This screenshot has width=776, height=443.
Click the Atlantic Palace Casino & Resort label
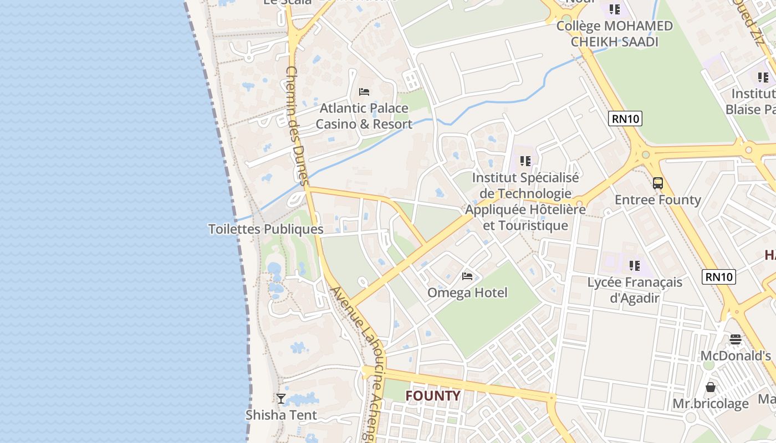(x=364, y=116)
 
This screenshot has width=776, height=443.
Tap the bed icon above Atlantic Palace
(x=364, y=92)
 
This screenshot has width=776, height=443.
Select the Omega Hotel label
(x=467, y=292)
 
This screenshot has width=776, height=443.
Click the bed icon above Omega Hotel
(x=467, y=276)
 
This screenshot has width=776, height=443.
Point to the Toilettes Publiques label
(x=266, y=229)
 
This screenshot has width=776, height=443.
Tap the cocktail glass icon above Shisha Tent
(x=281, y=398)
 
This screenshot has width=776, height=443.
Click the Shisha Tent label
(x=281, y=415)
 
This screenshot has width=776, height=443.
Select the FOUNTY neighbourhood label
(x=433, y=396)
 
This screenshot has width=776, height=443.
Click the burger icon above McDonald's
(x=736, y=339)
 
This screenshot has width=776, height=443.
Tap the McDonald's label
(x=736, y=356)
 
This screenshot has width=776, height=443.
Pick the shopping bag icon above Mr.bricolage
(x=711, y=387)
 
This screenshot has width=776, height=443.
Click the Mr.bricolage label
(x=711, y=404)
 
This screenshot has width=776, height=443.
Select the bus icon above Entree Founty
(x=658, y=183)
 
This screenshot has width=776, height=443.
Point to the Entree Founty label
(x=658, y=200)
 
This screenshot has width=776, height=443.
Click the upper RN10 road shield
(x=625, y=118)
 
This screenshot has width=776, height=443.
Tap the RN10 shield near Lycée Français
(x=719, y=277)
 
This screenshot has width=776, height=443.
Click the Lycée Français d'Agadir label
(x=635, y=290)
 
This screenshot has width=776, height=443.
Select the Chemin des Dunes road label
(x=296, y=126)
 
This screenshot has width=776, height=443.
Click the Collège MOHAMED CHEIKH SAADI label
(x=614, y=34)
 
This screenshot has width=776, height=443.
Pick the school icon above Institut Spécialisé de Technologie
(x=525, y=161)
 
